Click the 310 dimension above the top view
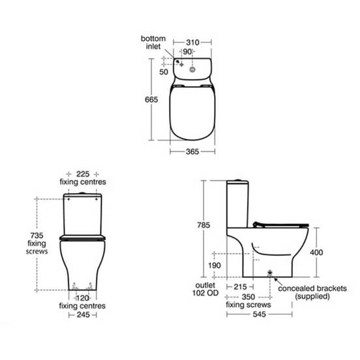pos(192,42)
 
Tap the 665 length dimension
pos(151,100)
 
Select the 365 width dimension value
pos(192,151)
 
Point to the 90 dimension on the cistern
pos(187,52)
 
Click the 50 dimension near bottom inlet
pos(164,72)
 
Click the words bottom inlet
pos(153,42)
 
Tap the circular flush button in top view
pos(192,69)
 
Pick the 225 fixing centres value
pos(83,174)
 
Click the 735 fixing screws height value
pos(37,235)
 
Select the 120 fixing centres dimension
pos(82,298)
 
